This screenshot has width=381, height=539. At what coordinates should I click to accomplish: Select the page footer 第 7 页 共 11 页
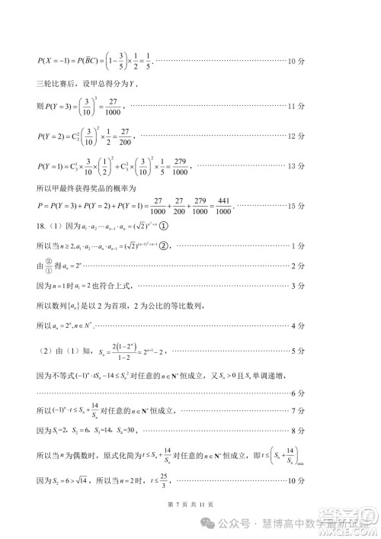click(190, 505)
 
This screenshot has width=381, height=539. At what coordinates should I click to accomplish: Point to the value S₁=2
click(59, 432)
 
